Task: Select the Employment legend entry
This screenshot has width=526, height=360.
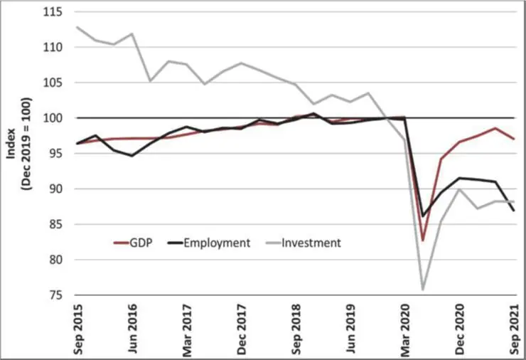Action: click(x=218, y=243)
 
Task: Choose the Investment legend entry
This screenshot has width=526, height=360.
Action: click(x=311, y=243)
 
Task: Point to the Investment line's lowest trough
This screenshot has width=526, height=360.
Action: click(x=423, y=290)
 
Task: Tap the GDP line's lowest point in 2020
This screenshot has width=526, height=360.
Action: click(x=423, y=240)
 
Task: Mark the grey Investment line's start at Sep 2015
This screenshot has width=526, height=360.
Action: click(x=77, y=27)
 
